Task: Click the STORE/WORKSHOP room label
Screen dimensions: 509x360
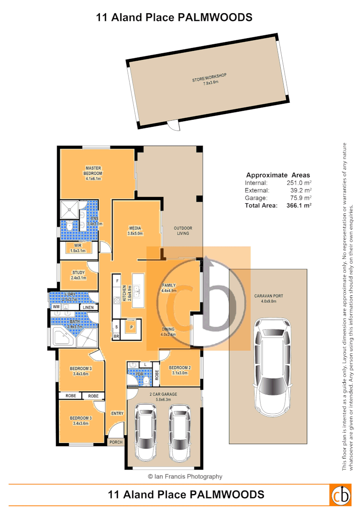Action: pos(210,78)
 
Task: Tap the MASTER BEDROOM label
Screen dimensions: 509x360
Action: pos(94,173)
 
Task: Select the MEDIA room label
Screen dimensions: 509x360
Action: pos(135,230)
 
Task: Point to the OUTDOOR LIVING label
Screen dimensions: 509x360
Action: pos(182,230)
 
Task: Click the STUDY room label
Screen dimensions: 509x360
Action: pos(79,275)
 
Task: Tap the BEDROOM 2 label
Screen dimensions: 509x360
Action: pos(179,370)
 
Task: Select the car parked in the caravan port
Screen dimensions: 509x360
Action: pos(272,367)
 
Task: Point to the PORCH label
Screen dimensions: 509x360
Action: pos(116,442)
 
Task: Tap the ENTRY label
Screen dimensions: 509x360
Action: pos(117,413)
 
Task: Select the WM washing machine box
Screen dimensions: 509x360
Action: pos(56,307)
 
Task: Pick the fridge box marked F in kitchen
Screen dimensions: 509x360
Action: pos(117,281)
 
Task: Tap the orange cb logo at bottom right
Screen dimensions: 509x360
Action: pos(340,494)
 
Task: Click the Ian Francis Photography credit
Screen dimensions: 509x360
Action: pos(185,476)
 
